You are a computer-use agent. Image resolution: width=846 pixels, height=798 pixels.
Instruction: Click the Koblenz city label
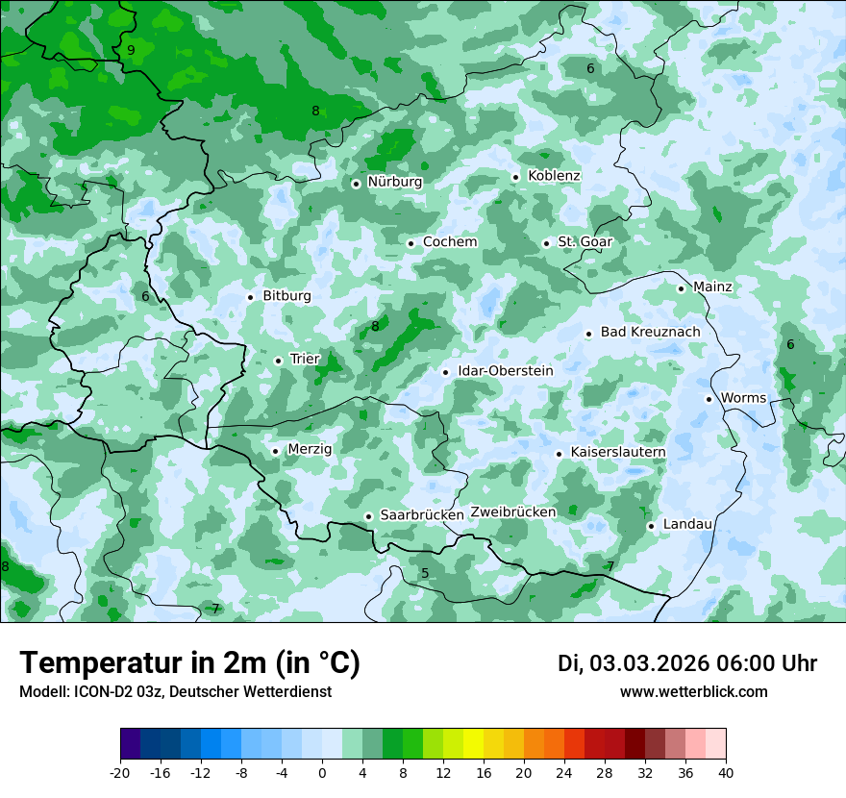[554, 176]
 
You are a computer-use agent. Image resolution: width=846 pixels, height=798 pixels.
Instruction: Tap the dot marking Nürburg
[356, 183]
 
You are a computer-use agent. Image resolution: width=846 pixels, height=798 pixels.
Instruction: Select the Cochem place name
[450, 242]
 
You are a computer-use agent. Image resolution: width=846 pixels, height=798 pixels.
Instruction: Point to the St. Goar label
[585, 242]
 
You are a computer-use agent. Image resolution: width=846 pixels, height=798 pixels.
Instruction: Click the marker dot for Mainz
[681, 288]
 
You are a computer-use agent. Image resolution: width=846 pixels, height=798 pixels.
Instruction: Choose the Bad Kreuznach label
[650, 333]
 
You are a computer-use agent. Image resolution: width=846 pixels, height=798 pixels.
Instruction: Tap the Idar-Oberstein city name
[506, 371]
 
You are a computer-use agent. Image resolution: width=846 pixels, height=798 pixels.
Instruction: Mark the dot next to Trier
[278, 361]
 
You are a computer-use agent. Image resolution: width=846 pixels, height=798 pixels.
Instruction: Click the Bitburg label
[286, 296]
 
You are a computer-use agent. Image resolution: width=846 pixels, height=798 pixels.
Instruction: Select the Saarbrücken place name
[422, 515]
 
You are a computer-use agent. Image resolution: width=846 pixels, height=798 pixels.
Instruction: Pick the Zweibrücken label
[513, 512]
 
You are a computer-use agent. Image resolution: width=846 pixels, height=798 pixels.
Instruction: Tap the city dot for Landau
[651, 526]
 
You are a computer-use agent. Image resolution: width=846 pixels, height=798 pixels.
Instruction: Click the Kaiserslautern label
[618, 452]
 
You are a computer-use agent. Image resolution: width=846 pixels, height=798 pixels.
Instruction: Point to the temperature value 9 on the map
[131, 50]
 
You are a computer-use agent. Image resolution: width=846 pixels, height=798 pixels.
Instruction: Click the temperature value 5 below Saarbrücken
[425, 574]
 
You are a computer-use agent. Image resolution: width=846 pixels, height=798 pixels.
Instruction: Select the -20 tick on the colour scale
[120, 773]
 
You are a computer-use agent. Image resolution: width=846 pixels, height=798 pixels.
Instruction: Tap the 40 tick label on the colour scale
[726, 773]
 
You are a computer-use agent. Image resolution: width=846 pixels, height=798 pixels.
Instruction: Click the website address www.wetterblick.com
[693, 692]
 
